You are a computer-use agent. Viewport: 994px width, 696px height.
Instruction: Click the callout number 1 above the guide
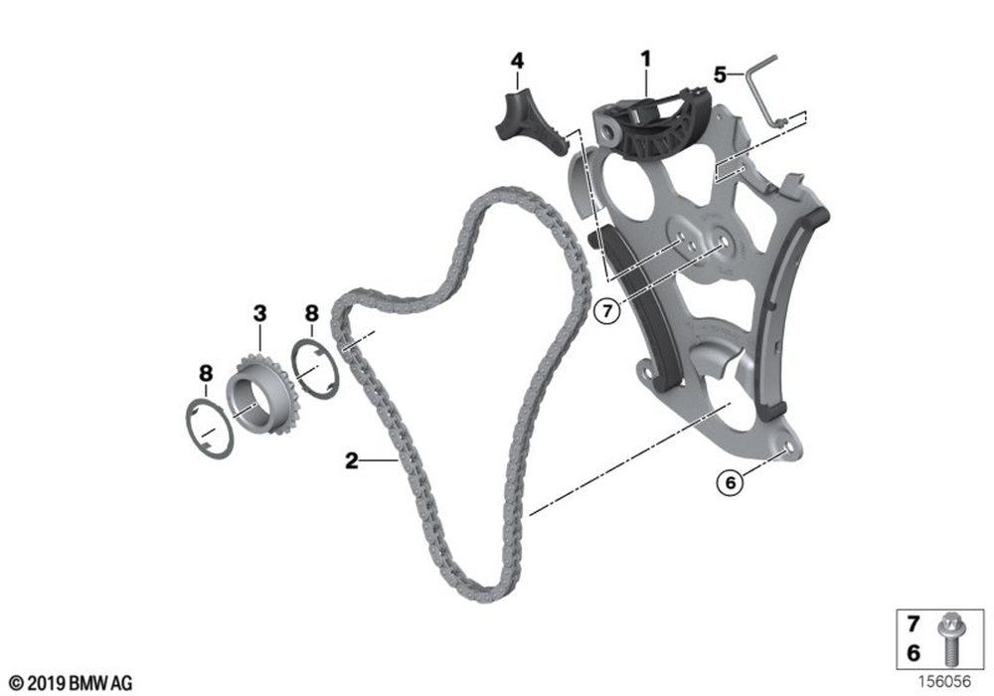[645, 61]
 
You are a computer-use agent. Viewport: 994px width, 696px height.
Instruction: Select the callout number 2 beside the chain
[351, 460]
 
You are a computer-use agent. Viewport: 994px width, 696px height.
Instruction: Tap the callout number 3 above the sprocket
[259, 314]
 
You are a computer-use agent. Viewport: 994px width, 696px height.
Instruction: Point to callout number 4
[517, 62]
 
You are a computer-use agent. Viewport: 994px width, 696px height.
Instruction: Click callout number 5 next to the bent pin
[720, 75]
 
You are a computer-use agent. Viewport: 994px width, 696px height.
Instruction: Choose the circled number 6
[731, 483]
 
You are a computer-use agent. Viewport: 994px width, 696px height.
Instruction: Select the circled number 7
[607, 311]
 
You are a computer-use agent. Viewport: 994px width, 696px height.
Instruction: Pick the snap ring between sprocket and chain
[315, 370]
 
